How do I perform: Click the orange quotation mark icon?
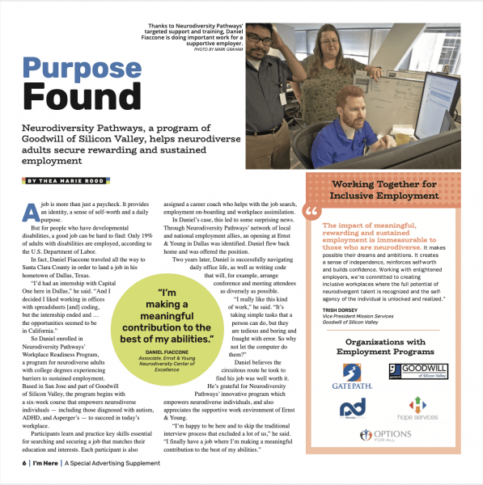(312, 213)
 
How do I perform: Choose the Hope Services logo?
(413, 412)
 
